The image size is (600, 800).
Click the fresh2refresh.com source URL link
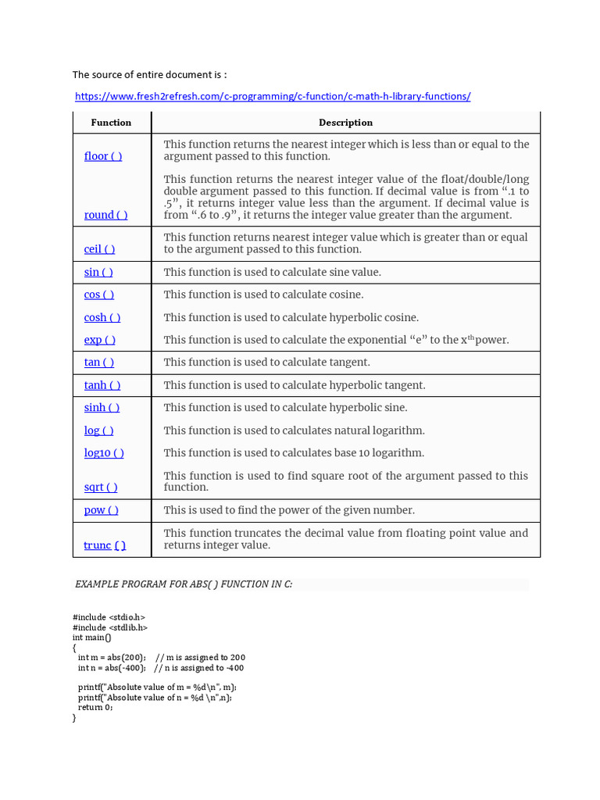[273, 97]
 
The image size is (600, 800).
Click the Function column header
[111, 123]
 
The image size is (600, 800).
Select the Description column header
[345, 123]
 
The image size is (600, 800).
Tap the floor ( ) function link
[103, 156]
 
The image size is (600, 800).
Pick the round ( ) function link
[105, 215]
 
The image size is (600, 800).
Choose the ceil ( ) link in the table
[99, 249]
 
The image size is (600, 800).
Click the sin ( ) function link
[98, 273]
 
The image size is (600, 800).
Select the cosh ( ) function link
[102, 318]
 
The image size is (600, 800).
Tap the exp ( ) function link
[100, 340]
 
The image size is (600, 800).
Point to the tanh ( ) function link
[102, 385]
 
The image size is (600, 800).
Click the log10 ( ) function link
[104, 453]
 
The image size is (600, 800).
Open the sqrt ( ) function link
[101, 487]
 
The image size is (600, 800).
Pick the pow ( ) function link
[102, 510]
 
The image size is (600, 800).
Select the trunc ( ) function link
[105, 545]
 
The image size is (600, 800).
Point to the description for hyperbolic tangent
[295, 385]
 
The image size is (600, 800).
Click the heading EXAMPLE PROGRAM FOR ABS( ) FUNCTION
[184, 584]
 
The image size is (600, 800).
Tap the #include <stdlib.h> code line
[110, 627]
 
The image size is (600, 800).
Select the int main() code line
[92, 637]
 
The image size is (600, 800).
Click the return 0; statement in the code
[95, 707]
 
